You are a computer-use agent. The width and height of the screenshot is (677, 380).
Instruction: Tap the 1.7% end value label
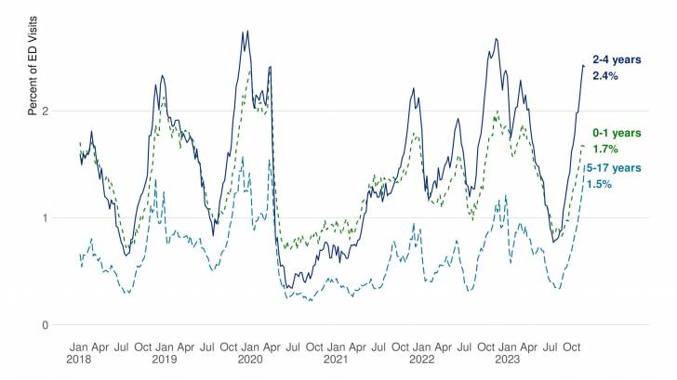coord(606,149)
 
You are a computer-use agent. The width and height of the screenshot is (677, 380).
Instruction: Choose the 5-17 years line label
coord(614,167)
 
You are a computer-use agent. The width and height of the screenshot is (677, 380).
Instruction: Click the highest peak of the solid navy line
coord(247,32)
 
